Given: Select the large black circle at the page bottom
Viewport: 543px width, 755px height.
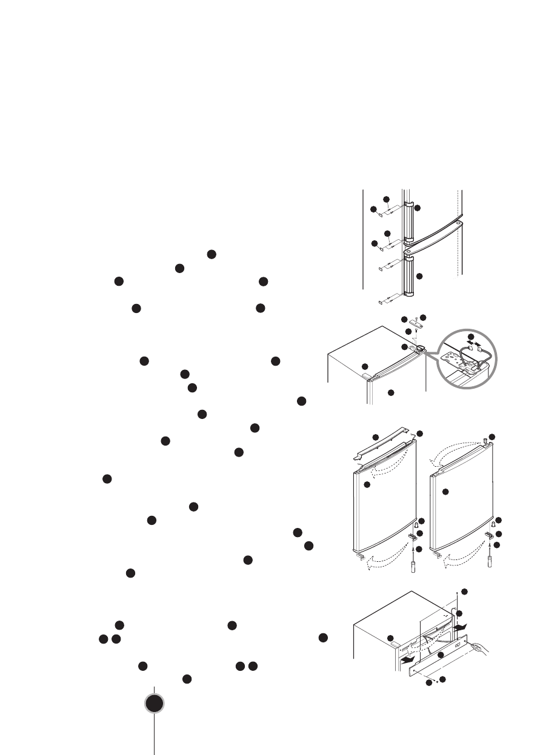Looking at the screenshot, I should tap(155, 704).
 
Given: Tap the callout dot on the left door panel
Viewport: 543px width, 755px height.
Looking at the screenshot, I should tap(367, 486).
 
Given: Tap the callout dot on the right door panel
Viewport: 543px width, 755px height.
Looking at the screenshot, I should tap(445, 492).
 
